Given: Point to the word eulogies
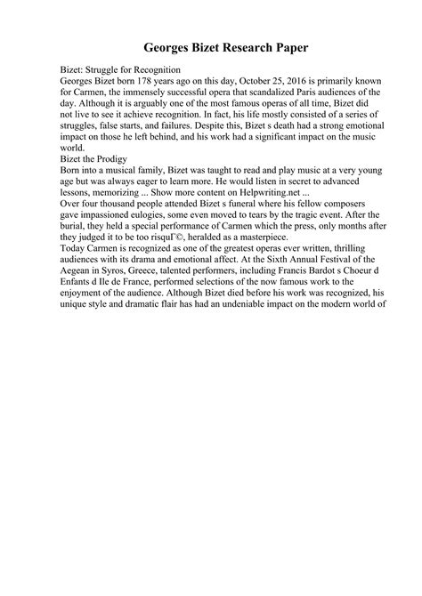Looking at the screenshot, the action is click(x=186, y=219).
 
